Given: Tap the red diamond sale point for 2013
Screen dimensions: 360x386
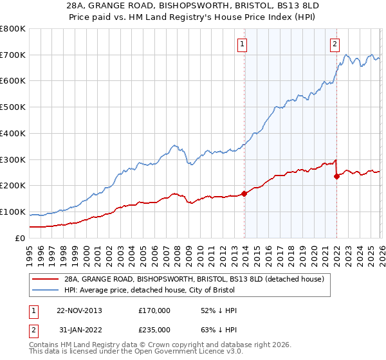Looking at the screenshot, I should pyautogui.click(x=244, y=193).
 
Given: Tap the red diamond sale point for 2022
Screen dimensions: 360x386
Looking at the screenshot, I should pyautogui.click(x=336, y=176).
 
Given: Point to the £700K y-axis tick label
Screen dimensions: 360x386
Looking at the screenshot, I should pyautogui.click(x=13, y=55).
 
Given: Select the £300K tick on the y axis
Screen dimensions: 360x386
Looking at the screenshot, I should pyautogui.click(x=13, y=159).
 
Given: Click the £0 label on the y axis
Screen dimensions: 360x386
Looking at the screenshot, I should pyautogui.click(x=21, y=238).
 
